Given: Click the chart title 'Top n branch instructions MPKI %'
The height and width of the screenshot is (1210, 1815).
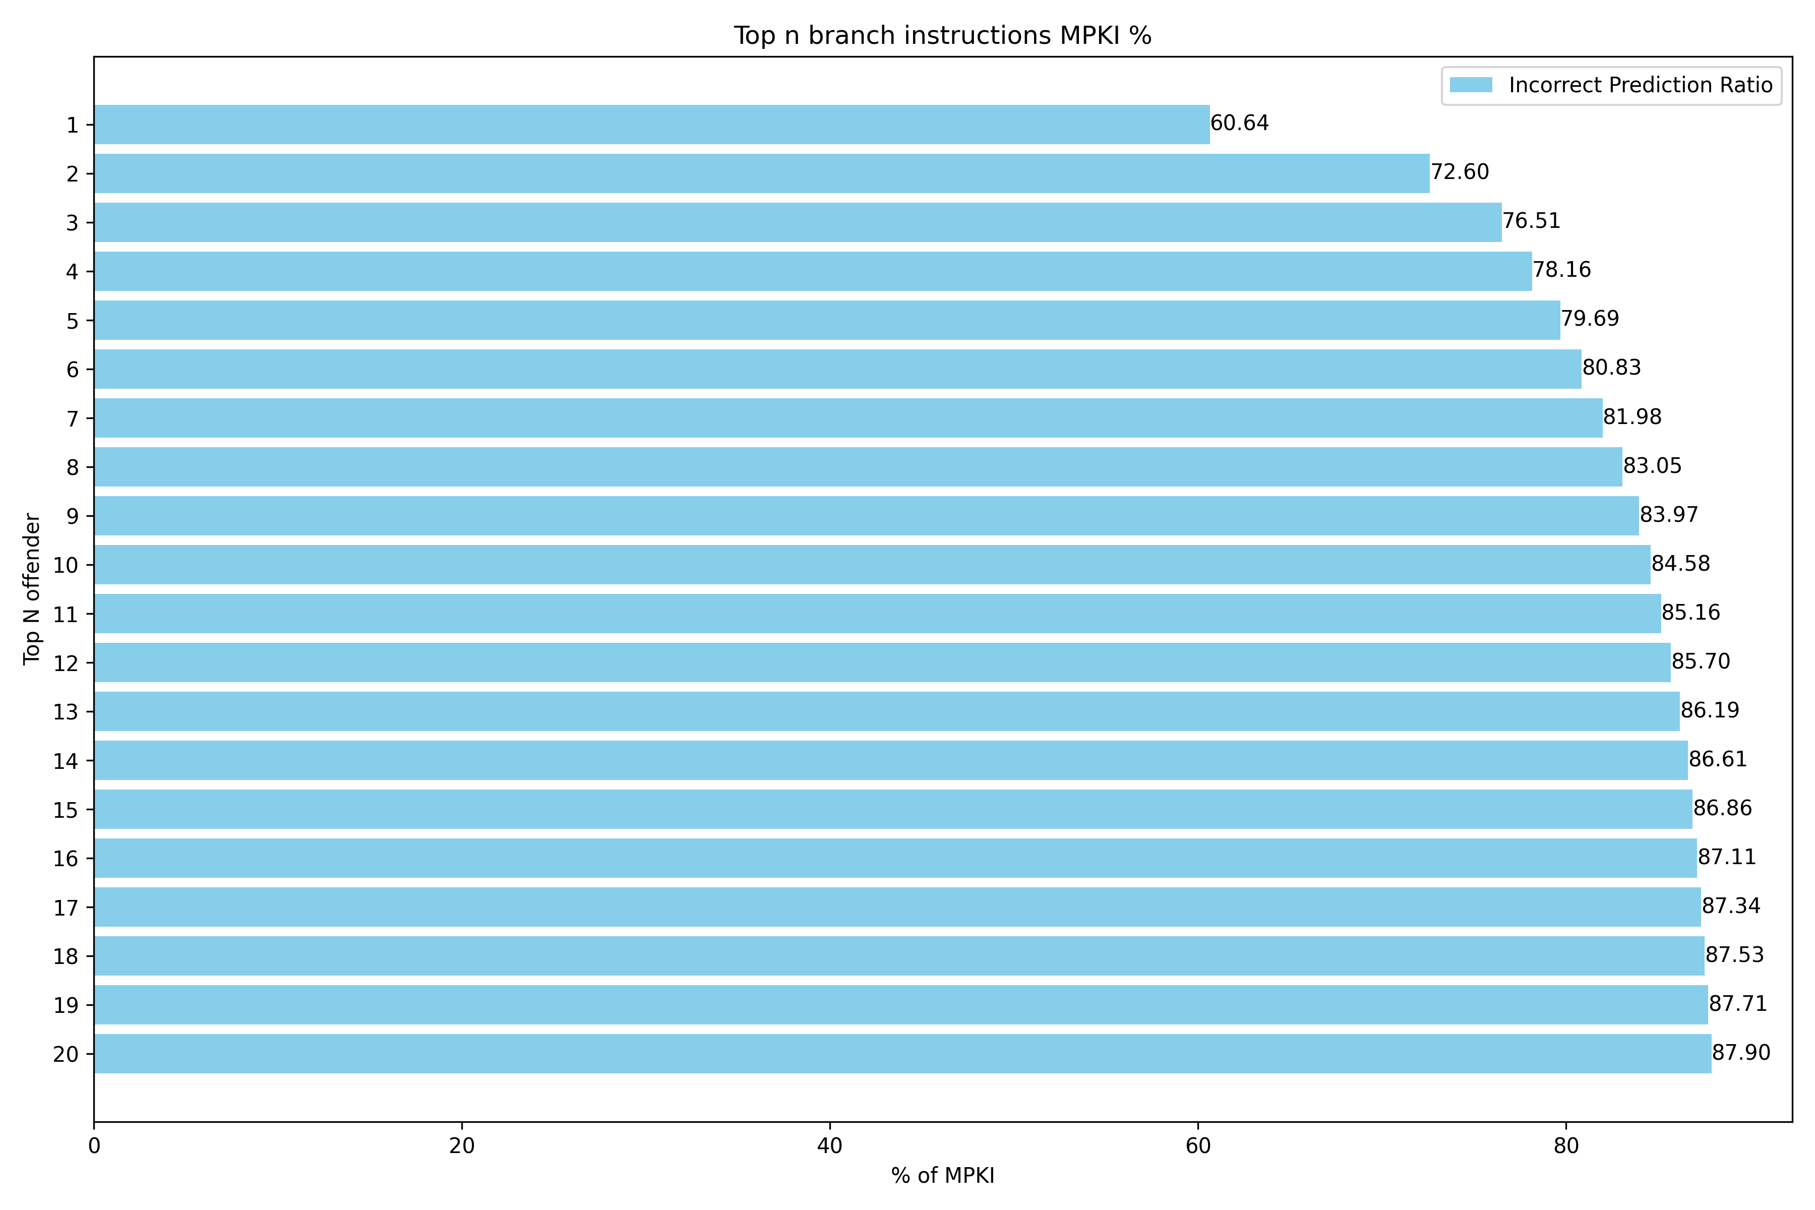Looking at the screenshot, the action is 942,35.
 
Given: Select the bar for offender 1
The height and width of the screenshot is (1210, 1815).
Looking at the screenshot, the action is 652,124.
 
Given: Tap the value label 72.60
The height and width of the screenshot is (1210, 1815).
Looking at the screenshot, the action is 1460,172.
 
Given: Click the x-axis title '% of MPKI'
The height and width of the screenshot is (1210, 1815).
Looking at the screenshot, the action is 942,1176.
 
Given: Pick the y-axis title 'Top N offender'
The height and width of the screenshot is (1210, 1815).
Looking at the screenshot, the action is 32,589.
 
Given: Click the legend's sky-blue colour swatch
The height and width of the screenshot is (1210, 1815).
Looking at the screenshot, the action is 1471,85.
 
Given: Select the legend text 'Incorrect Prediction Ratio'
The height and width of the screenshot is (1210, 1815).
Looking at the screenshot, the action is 1641,85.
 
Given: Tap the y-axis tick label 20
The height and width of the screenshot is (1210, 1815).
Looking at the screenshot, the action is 67,1054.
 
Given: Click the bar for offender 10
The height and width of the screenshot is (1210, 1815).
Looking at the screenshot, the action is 872,565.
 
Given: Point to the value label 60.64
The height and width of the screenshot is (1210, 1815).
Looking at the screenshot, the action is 1239,124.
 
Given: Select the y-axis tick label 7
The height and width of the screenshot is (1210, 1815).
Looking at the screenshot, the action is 73,419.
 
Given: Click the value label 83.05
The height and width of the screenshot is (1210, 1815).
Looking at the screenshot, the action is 1652,466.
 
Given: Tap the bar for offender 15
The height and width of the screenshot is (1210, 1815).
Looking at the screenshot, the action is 893,810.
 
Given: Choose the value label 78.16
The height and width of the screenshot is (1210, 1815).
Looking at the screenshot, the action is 1562,270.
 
